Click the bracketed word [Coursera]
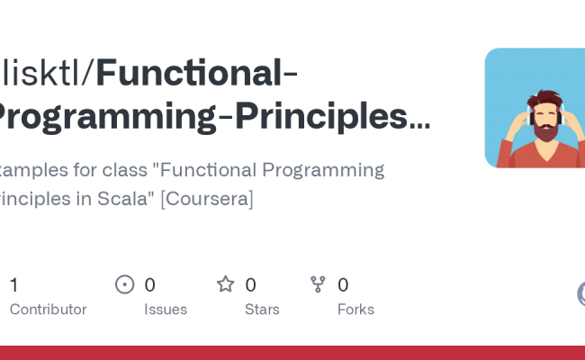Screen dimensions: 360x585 coord(207,199)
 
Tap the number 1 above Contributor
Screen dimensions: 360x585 coord(13,285)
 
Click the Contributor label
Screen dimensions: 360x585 coord(48,310)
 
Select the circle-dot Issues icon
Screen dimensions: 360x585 coord(125,285)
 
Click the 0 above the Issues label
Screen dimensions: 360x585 coord(150,285)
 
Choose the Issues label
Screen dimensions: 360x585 coord(166,310)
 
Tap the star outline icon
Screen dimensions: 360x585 coord(225,284)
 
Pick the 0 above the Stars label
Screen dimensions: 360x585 coord(250,285)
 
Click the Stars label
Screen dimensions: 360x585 coord(262,310)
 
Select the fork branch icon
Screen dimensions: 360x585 coord(318,284)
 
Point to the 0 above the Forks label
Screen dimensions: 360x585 coord(343,285)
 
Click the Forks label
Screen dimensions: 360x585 coord(355,310)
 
